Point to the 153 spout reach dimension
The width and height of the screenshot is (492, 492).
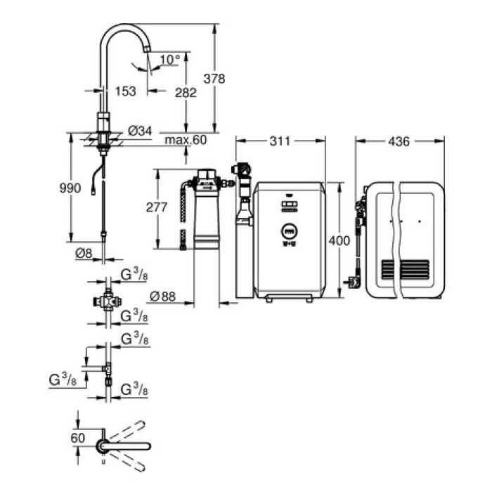tap(126, 92)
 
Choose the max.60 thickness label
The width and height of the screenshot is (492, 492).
tap(186, 140)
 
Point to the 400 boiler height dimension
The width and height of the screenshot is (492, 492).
tap(339, 241)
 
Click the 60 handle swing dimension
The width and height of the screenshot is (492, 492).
tap(78, 437)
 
